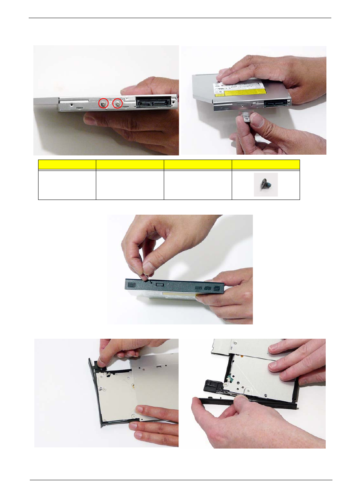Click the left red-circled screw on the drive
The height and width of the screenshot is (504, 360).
coord(103,103)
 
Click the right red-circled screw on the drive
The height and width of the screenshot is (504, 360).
coord(118,103)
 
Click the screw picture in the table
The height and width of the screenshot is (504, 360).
coord(266,185)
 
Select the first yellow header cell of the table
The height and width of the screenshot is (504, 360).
coord(67,164)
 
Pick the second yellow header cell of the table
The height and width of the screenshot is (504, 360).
coord(130,164)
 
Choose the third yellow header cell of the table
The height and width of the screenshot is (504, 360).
coord(198,164)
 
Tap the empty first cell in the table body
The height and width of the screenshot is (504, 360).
coord(67,185)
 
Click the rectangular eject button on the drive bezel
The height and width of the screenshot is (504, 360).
coord(159,284)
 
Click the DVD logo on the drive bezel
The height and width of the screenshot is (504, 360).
coord(208,288)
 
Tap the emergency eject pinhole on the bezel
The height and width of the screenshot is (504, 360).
coord(151,282)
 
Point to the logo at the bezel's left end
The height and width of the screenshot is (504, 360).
coord(131,284)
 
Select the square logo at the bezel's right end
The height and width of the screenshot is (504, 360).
coord(217,289)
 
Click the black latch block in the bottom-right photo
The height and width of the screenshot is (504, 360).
coord(211,386)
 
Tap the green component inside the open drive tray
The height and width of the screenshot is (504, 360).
coord(228,378)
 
